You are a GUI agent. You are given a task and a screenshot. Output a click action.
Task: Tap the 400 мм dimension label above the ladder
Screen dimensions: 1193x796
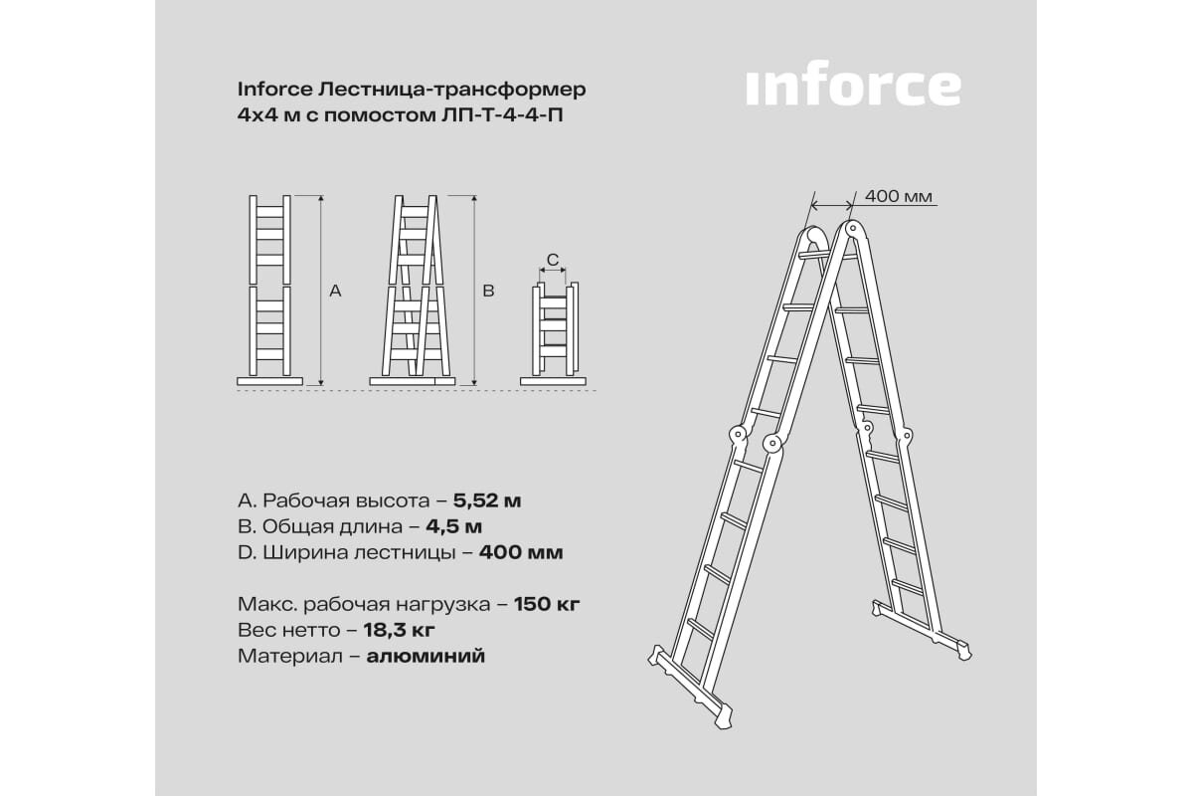[x=899, y=196]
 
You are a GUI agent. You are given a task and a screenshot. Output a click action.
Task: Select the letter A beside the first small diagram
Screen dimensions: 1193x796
[x=335, y=291]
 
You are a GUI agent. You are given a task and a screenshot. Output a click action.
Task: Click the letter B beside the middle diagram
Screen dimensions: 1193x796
[x=488, y=291]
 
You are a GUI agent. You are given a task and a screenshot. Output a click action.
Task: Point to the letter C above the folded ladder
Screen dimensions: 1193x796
[x=553, y=260]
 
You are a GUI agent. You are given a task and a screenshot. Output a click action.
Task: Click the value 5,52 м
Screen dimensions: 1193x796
[x=487, y=500]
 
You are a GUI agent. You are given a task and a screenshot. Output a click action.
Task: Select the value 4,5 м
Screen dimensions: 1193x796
[x=453, y=526]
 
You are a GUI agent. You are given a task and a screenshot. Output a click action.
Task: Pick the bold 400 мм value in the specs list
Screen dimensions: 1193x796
[x=521, y=552]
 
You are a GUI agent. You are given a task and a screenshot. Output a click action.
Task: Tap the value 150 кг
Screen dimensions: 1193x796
[x=547, y=604]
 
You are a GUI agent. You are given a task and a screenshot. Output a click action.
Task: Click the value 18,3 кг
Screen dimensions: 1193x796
[x=400, y=630]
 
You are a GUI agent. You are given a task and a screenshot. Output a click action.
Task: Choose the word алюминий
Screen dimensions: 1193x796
[x=426, y=656]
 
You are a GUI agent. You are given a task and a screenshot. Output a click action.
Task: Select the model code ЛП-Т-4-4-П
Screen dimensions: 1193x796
[x=502, y=115]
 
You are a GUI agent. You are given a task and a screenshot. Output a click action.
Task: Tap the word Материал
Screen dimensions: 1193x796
[x=290, y=656]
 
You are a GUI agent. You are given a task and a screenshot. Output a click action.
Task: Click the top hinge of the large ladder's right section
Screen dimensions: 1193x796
[x=852, y=229]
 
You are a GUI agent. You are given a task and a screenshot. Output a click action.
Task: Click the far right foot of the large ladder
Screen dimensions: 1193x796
[x=963, y=653]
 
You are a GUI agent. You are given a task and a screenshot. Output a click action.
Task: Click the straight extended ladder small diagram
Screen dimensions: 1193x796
[x=270, y=290]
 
